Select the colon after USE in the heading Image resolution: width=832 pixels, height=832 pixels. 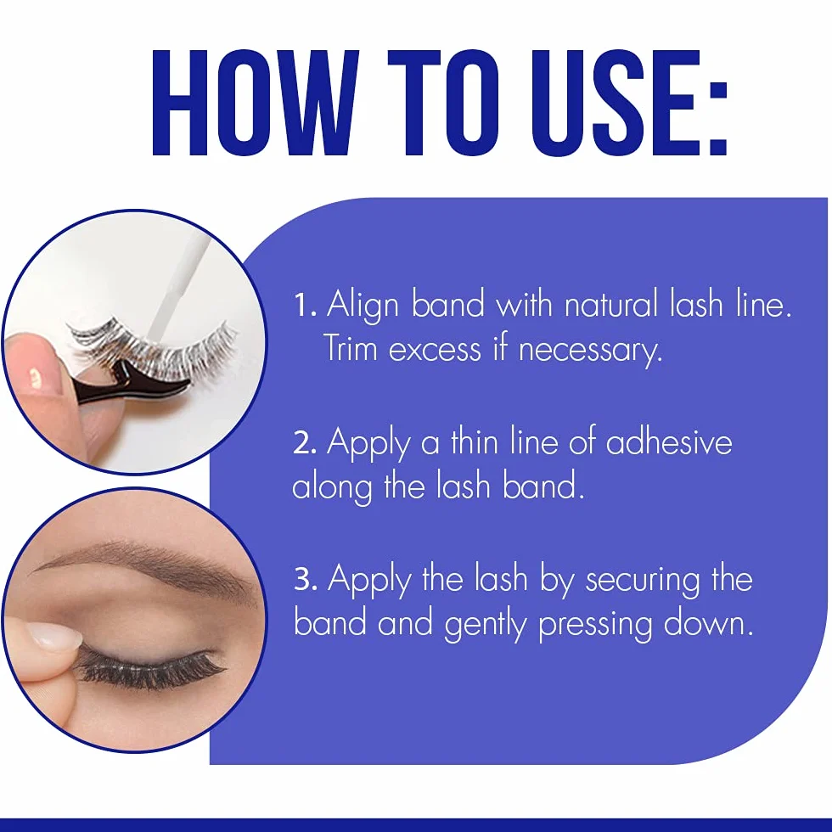717,118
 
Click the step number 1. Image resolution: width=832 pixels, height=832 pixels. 305,305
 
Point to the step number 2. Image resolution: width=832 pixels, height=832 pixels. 305,442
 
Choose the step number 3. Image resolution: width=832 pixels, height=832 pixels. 306,578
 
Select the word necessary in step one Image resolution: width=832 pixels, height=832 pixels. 591,351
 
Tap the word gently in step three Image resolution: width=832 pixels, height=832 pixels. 485,625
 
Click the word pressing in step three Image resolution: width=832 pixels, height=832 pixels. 595,625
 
